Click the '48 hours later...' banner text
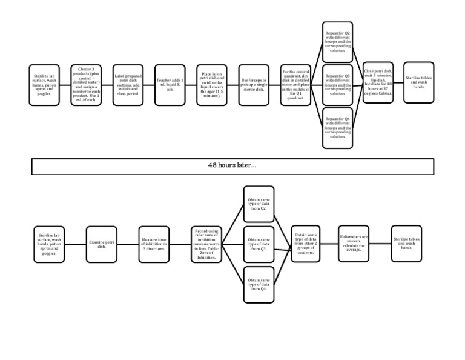click(232, 165)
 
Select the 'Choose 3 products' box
click(85, 84)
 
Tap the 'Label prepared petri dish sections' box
click(127, 84)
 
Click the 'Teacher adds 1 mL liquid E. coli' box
click(169, 84)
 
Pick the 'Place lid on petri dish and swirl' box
click(211, 84)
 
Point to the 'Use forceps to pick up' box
click(253, 84)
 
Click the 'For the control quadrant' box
click(295, 84)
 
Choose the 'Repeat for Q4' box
click(338, 127)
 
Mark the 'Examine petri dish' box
click(102, 244)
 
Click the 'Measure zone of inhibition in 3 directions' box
click(154, 244)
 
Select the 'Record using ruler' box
click(208, 244)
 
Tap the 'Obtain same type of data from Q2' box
click(259, 204)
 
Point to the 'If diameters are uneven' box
click(353, 244)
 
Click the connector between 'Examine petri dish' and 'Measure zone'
click(128, 244)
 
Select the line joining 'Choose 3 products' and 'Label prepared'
click(106, 84)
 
